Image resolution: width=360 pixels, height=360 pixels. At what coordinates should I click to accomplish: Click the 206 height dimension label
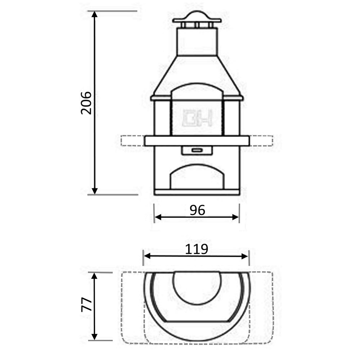pyautogui.click(x=86, y=103)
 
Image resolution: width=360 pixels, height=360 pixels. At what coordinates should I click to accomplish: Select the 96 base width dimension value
pyautogui.click(x=197, y=210)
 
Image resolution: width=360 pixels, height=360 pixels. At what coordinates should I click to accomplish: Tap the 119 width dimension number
pyautogui.click(x=197, y=249)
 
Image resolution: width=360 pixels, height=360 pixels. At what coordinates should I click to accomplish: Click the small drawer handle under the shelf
pyautogui.click(x=197, y=150)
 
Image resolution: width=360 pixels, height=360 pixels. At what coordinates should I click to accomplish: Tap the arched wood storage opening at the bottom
pyautogui.click(x=197, y=177)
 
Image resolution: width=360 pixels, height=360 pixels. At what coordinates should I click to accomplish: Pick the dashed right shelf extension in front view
pyautogui.click(x=261, y=141)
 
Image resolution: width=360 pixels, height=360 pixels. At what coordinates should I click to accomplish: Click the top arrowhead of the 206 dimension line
pyautogui.click(x=95, y=14)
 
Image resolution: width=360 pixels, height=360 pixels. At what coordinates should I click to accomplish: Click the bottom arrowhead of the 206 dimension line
pyautogui.click(x=95, y=191)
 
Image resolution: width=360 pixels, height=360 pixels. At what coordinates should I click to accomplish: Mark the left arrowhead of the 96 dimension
pyautogui.click(x=158, y=217)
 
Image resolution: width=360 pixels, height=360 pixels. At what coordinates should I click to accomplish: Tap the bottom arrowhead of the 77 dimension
pyautogui.click(x=95, y=336)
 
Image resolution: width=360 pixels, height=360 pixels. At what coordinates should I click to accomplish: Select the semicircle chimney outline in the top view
pyautogui.click(x=197, y=288)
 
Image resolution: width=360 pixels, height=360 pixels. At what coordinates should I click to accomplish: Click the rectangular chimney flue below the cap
pyautogui.click(x=197, y=41)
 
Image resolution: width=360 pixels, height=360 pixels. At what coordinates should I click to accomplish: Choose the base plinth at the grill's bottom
pyautogui.click(x=197, y=192)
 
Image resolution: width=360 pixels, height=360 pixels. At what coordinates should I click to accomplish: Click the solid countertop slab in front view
pyautogui.click(x=197, y=141)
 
